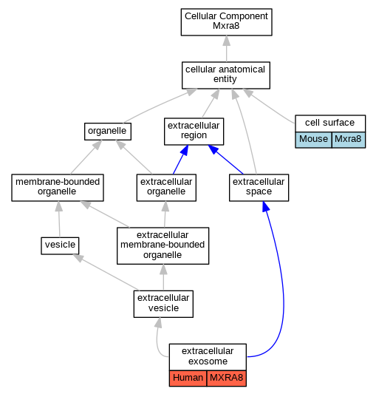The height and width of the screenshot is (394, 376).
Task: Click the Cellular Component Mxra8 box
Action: (x=226, y=22)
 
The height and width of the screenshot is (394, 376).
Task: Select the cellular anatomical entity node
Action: (x=226, y=75)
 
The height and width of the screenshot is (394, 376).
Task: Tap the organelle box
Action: (x=108, y=132)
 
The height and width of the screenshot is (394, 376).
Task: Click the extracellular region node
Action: (x=194, y=132)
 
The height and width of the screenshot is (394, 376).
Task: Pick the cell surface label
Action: (x=330, y=123)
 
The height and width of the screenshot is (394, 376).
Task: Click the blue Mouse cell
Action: (x=313, y=140)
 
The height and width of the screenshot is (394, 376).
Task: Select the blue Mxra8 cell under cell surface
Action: (x=349, y=140)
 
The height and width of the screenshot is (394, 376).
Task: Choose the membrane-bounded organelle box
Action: (x=58, y=188)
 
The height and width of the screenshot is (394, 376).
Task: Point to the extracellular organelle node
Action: (x=166, y=188)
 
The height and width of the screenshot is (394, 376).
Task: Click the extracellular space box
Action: (x=259, y=188)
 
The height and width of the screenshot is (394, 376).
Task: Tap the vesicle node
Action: (x=60, y=245)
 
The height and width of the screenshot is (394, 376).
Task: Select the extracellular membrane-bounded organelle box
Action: (x=163, y=245)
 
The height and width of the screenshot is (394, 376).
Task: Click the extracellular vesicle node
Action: (x=163, y=304)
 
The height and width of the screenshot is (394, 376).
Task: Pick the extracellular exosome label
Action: (x=208, y=357)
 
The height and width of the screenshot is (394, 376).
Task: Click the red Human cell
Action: (x=188, y=378)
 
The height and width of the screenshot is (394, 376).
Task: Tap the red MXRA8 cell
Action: (x=227, y=378)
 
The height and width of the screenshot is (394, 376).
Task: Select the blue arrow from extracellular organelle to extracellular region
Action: (x=180, y=160)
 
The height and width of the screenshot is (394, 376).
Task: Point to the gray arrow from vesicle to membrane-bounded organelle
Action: (x=59, y=219)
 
